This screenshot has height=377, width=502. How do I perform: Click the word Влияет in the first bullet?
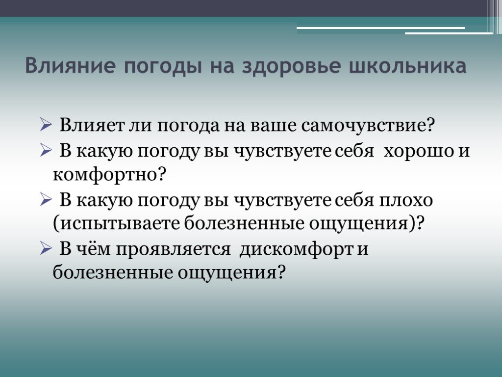coord(91,125)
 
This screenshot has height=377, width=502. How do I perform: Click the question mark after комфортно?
coord(162,174)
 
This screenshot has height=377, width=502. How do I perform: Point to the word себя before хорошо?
coord(355,150)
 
